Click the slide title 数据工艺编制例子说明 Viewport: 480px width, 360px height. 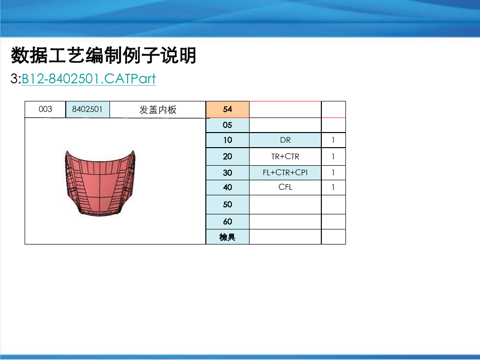(103, 55)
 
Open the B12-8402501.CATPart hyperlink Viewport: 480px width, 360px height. (89, 79)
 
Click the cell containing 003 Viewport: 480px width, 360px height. (45, 109)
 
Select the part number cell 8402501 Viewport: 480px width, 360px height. (87, 109)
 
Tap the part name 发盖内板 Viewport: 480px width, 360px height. (158, 109)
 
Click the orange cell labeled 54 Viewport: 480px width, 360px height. (227, 109)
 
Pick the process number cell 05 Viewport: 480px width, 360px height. (227, 125)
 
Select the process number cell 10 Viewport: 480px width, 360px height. (227, 140)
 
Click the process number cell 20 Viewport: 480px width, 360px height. (227, 157)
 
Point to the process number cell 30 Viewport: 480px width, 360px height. (227, 173)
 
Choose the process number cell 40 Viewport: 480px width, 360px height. (227, 187)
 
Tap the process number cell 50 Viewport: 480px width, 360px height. (227, 204)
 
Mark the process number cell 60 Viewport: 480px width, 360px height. (227, 221)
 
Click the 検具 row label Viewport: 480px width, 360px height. (227, 237)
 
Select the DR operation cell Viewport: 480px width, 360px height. (285, 140)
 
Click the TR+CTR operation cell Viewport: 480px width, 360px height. (285, 157)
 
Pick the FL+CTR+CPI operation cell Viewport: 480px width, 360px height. (285, 173)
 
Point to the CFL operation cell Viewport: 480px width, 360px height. (285, 187)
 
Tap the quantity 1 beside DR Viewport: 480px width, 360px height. (333, 140)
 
